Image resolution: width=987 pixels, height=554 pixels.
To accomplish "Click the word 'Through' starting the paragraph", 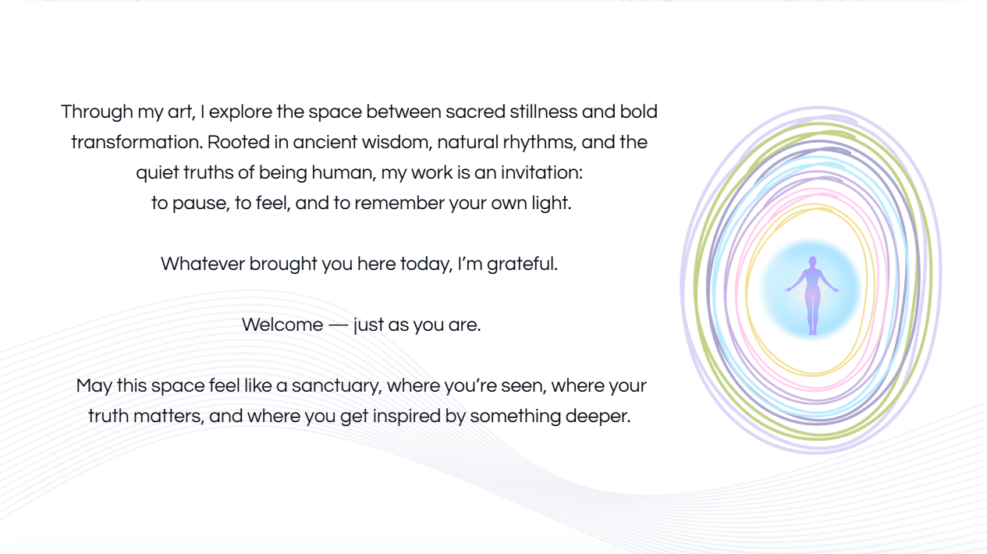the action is pos(97,112).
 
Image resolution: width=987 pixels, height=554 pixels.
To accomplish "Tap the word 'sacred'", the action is pos(475,112).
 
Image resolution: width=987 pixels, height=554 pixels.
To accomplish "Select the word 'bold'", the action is pos(638,112).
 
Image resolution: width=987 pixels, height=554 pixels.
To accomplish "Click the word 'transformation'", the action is pos(136,142).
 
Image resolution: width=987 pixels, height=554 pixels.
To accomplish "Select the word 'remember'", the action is pos(399,203).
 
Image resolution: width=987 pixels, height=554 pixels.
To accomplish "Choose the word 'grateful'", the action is pos(522,265).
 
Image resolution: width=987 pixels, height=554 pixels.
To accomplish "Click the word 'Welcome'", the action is pos(282,325).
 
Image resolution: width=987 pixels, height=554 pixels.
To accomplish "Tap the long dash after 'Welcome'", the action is pos(339,325).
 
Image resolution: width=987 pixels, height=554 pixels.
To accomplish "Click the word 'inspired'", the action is pos(407,417).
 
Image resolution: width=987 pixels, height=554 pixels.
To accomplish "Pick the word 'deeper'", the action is pos(598,417).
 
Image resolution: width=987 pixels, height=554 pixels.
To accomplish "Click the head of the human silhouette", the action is pos(812,261).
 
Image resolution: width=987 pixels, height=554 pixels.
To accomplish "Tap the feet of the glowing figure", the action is pos(812,332).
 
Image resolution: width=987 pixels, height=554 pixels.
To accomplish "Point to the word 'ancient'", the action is pos(325,142).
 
